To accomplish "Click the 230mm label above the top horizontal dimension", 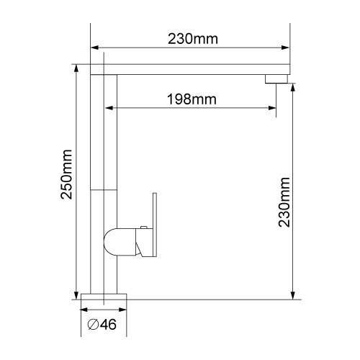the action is [193, 39].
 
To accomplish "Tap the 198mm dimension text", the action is [192, 99].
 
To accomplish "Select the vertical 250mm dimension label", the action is [66, 174].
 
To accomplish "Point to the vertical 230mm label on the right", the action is [284, 202].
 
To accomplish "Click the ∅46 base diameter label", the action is [102, 325].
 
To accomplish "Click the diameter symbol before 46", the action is [93, 325].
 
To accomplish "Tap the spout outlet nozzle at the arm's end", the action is [276, 79].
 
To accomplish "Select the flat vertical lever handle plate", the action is [155, 225].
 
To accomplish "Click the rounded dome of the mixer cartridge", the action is [110, 242].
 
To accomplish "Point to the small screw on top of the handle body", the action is [143, 227].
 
